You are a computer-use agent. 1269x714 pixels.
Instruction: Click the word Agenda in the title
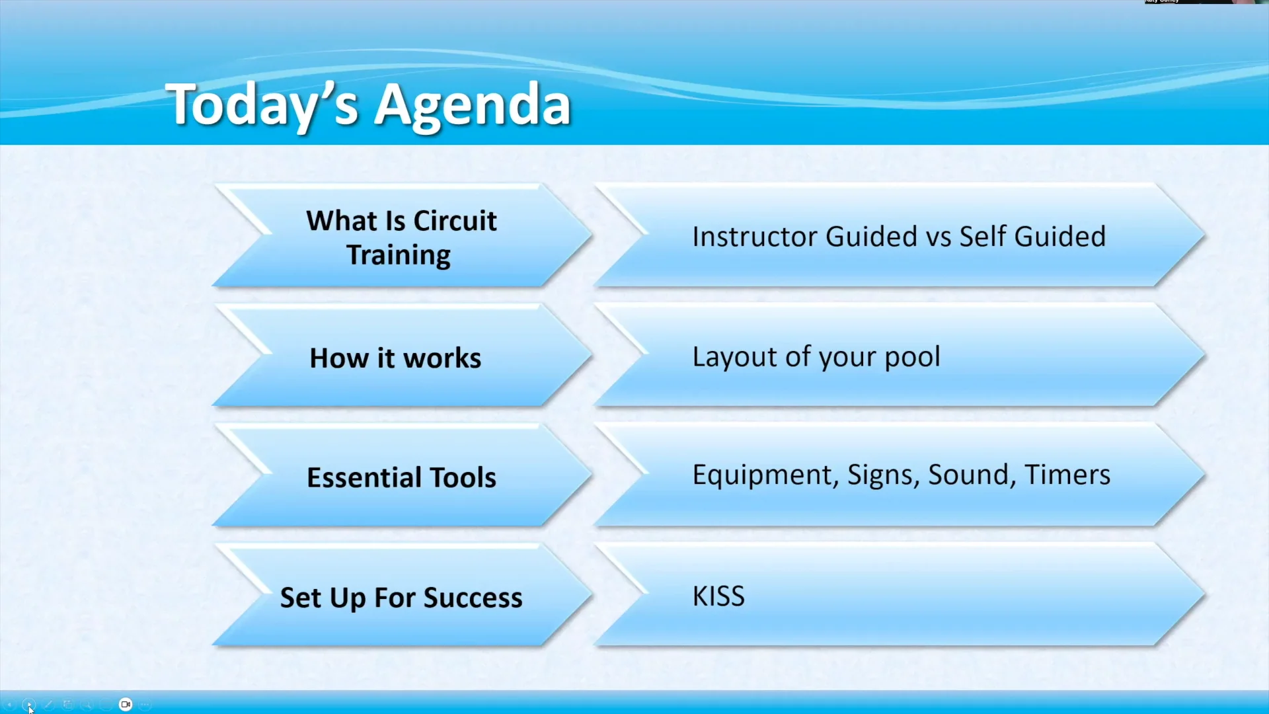point(472,106)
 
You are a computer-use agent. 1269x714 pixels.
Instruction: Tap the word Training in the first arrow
point(399,255)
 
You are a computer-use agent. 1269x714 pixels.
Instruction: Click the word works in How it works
point(442,358)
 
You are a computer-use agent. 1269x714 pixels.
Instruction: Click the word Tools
point(463,477)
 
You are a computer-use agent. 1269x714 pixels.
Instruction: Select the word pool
point(912,357)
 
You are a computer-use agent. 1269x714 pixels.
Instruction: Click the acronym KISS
point(718,596)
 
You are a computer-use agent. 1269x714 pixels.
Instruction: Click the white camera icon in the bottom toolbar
point(126,704)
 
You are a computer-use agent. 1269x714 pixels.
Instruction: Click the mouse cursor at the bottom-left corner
point(30,709)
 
